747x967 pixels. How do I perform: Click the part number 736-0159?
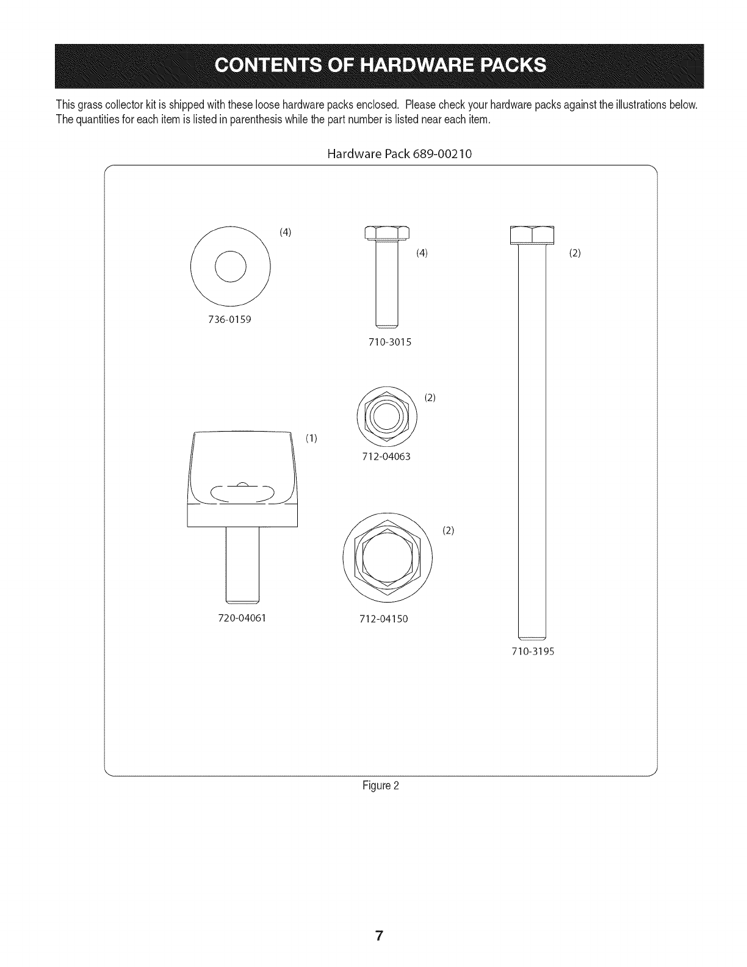click(229, 319)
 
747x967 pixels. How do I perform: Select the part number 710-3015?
click(390, 342)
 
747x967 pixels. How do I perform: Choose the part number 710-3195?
click(532, 651)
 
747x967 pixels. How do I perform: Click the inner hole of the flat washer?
click(230, 267)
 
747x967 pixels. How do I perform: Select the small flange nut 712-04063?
click(387, 417)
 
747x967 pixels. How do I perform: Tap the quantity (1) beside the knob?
click(311, 438)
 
